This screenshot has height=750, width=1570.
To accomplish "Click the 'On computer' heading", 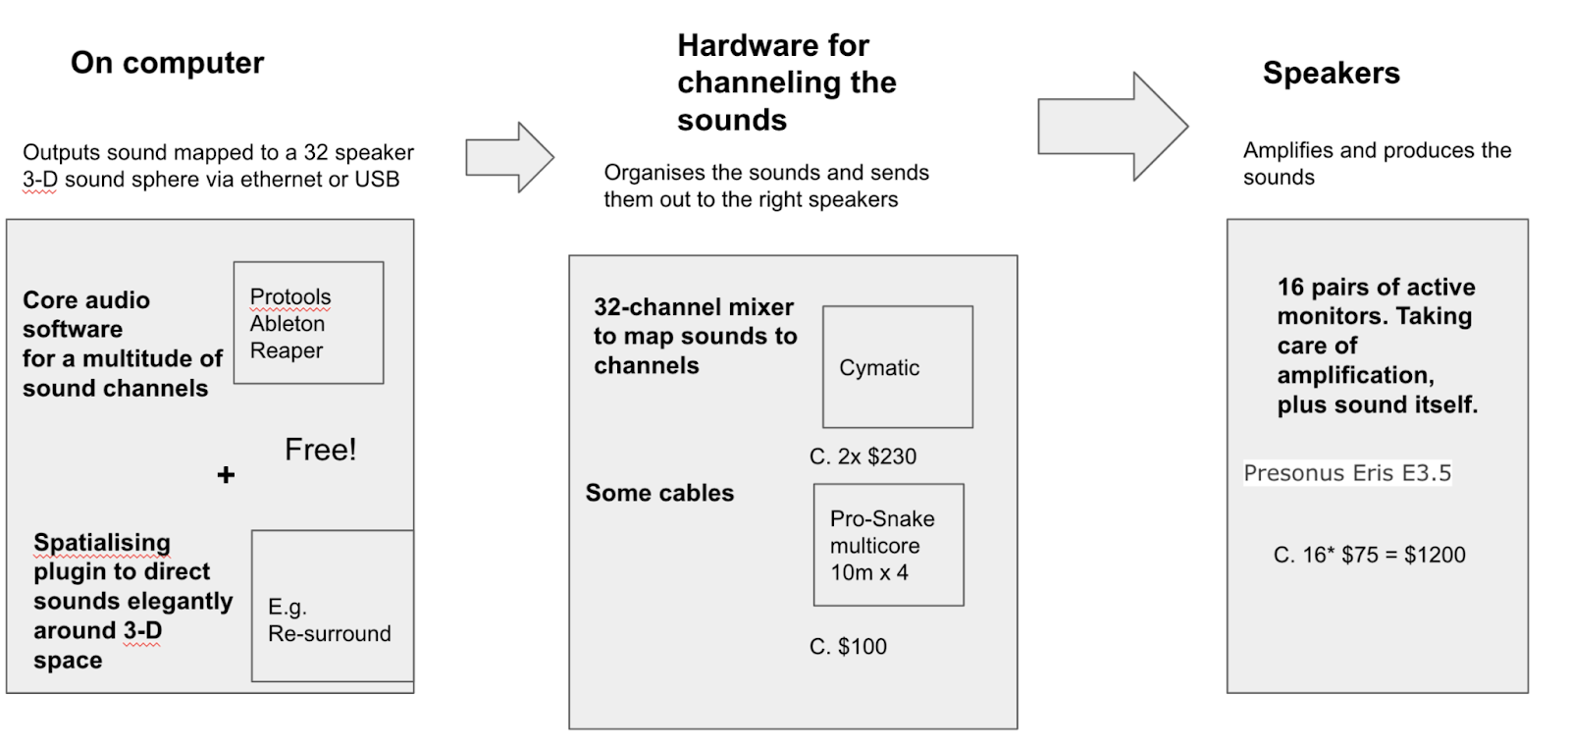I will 167,63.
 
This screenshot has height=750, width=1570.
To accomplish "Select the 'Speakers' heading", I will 1331,74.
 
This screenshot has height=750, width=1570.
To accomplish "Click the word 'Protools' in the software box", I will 290,296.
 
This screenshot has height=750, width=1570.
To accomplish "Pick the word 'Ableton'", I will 287,324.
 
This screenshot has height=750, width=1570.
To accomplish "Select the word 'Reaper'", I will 286,350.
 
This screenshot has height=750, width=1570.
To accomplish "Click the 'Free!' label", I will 320,450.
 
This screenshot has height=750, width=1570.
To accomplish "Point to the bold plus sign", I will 226,475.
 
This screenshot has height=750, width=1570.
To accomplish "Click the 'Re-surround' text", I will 329,634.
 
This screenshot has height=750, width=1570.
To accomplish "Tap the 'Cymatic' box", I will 897,367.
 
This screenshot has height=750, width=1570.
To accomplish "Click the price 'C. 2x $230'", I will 863,456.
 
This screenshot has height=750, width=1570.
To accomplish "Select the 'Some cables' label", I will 659,493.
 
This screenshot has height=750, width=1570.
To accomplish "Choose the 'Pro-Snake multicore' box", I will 888,545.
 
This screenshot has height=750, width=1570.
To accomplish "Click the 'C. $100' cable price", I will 848,647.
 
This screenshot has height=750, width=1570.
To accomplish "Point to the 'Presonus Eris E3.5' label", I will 1346,473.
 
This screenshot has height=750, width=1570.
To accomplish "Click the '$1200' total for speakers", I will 1435,555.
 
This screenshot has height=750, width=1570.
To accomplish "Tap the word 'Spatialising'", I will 102,543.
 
